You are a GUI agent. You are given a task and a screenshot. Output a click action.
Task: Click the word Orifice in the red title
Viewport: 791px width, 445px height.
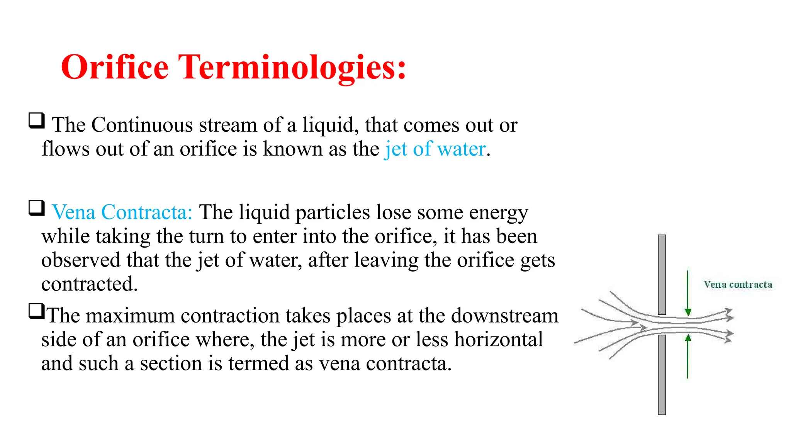coord(115,67)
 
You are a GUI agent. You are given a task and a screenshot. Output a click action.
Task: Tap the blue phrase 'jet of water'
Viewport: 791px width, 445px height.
coord(435,149)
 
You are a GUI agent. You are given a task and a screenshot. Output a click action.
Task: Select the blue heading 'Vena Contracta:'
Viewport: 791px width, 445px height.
coord(122,212)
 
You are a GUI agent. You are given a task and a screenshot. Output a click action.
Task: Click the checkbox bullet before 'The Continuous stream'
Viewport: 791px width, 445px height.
coord(37,121)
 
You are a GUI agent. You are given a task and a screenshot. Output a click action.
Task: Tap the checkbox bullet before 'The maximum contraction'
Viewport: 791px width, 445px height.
coord(37,311)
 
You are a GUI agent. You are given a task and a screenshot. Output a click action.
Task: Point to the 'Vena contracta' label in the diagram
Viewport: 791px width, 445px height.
coord(737,285)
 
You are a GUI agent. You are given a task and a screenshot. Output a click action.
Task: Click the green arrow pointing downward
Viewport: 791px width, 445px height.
coord(687,294)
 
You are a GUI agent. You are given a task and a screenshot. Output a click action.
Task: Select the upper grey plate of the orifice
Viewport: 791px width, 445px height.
coord(662,274)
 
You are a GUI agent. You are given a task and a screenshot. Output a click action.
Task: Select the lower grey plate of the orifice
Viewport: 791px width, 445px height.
coord(662,375)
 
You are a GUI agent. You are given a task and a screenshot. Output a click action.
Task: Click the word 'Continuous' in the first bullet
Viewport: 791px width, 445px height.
coord(142,125)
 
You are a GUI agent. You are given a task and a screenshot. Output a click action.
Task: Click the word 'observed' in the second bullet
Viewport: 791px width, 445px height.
coord(81,260)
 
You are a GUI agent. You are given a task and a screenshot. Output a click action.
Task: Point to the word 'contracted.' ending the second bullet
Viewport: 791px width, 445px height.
coord(89,284)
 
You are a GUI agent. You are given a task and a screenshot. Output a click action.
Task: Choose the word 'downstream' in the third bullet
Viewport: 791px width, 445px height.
coord(504,316)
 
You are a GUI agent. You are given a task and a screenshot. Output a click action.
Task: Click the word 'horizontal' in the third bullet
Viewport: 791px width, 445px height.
coord(498,340)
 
